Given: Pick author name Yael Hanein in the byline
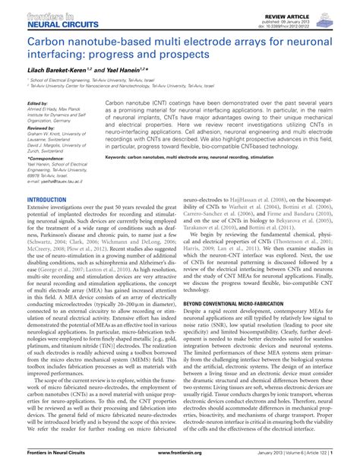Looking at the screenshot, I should tap(116, 69).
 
